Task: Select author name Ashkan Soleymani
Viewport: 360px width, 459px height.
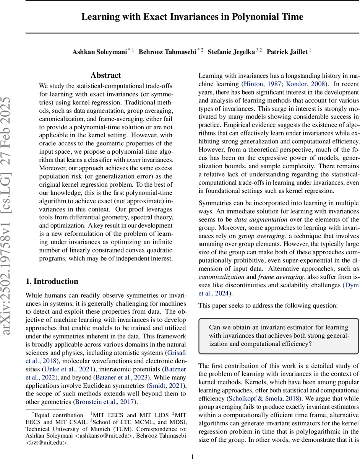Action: pos(99,52)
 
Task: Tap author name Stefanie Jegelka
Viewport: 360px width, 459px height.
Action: pos(231,52)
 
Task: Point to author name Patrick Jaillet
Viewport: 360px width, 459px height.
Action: pos(287,52)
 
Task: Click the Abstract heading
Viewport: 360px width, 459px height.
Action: pos(105,75)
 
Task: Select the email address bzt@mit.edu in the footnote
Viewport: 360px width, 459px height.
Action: pos(47,443)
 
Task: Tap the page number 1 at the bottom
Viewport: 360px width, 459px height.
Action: pos(192,456)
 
